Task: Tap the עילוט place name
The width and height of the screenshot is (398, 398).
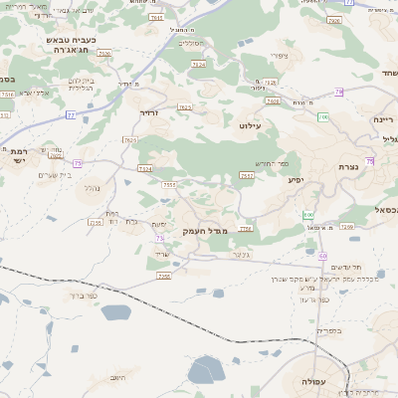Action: pyautogui.click(x=249, y=125)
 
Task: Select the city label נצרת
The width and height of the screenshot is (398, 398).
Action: pyautogui.click(x=348, y=167)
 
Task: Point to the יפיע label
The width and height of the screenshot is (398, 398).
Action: pyautogui.click(x=296, y=180)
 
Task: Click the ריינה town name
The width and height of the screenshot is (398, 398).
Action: pyautogui.click(x=384, y=119)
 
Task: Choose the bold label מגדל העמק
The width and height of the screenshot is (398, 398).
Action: pyautogui.click(x=206, y=231)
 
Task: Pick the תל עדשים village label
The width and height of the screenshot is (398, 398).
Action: pyautogui.click(x=343, y=266)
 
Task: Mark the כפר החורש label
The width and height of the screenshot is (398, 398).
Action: pyautogui.click(x=270, y=163)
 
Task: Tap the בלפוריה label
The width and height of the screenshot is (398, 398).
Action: pyautogui.click(x=328, y=329)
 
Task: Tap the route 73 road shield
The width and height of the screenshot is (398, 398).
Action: pyautogui.click(x=159, y=239)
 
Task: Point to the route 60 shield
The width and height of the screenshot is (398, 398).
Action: pyautogui.click(x=322, y=256)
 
